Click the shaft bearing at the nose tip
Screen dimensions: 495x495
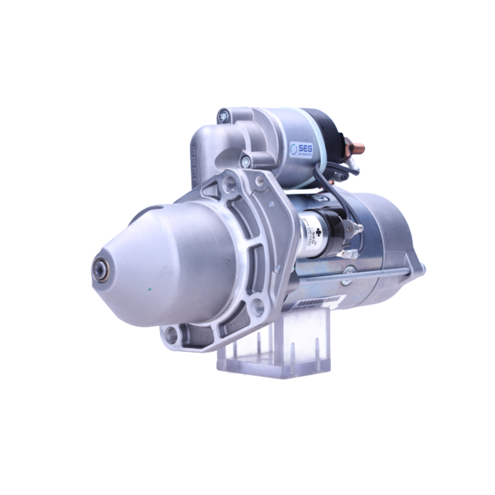point(101,270)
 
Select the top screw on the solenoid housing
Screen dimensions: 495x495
point(224,117)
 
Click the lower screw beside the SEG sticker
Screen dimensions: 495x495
point(245,161)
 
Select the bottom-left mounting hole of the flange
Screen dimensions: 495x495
point(171,335)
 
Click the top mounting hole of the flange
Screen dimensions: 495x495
point(228,185)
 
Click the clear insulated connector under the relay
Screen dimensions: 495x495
point(348,254)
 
